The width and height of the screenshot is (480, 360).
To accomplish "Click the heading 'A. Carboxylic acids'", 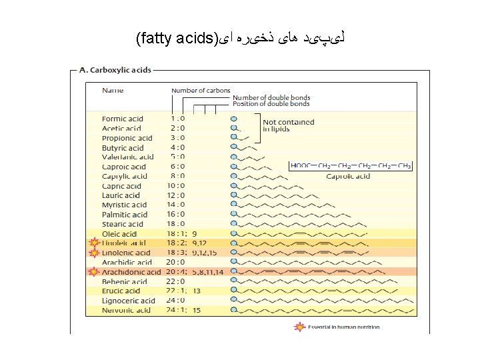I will [x=116, y=69].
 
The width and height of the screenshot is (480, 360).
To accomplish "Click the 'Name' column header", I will [x=112, y=90].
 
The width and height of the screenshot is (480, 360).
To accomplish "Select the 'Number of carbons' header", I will [x=201, y=91].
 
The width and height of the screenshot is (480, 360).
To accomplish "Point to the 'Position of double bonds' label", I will [x=271, y=104].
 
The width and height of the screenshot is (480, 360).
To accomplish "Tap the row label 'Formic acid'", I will [x=122, y=119].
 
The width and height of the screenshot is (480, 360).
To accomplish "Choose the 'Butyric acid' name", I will [x=123, y=148].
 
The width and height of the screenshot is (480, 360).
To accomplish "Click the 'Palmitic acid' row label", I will [x=125, y=215].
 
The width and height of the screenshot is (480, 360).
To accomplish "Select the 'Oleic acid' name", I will [x=119, y=234].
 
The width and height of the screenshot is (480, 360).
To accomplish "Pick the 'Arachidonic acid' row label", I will [x=131, y=272].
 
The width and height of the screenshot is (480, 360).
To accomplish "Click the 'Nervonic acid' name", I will [x=127, y=310].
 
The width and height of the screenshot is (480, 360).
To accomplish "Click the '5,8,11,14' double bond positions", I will [x=208, y=272].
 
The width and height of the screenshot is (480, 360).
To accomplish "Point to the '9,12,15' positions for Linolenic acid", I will [x=204, y=253].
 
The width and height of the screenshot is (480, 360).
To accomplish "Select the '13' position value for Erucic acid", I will [x=196, y=291].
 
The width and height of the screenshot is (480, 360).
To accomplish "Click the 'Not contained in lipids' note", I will [x=288, y=126].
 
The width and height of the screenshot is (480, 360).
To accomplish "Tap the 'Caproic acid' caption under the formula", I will [x=348, y=177].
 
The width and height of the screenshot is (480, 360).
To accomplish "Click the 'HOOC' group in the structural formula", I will [x=301, y=165].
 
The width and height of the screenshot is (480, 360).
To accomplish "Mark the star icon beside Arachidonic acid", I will [x=93, y=272].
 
